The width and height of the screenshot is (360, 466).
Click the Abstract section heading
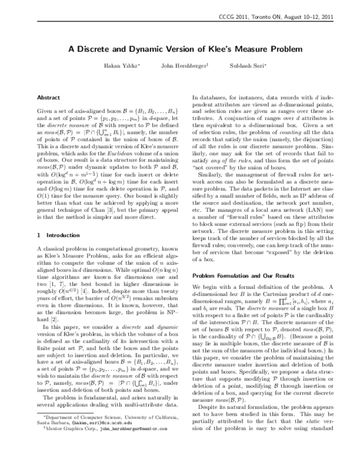(x=49, y=97)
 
